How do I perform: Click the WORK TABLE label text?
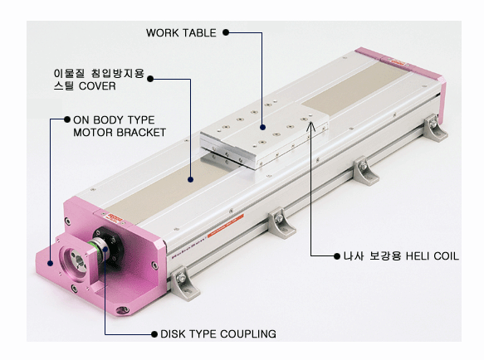point(181,33)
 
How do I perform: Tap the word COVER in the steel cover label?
point(97,86)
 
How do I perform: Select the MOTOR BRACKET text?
point(120,133)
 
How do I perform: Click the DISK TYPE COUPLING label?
point(218,334)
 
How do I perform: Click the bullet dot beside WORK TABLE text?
point(226,32)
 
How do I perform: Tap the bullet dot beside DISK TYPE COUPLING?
point(154,334)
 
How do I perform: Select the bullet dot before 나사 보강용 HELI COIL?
point(337,256)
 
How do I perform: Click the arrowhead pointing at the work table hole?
point(311,126)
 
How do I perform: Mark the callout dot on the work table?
point(262,127)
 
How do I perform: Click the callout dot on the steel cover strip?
point(190,179)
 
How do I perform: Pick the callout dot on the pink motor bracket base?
point(50,263)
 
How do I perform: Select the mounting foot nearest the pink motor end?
point(184,284)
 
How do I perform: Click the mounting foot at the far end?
point(435,128)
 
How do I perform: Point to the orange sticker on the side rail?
point(226,226)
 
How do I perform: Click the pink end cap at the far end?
point(401,67)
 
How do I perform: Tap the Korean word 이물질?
point(69,74)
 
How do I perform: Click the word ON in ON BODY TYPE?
point(81,120)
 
